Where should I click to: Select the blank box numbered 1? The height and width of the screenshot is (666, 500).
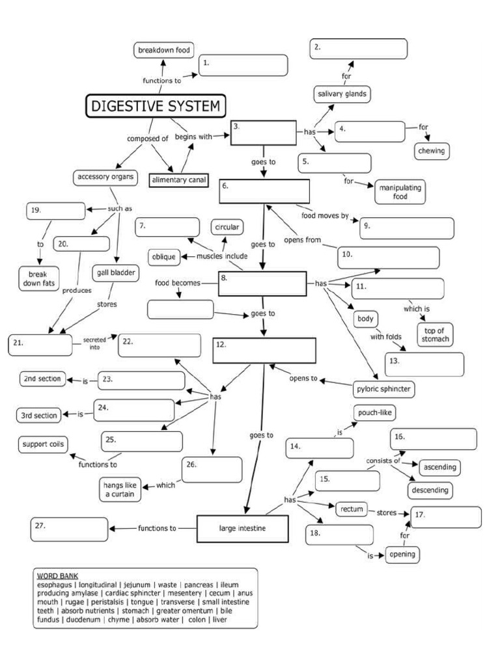243,65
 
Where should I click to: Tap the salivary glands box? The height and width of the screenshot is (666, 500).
342,94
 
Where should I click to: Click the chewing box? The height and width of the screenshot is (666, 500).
432,151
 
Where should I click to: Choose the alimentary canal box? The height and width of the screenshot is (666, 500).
178,180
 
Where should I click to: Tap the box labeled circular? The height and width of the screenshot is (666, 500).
227,227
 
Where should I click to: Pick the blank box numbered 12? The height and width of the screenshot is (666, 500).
264,350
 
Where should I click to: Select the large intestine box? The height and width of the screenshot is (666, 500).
242,528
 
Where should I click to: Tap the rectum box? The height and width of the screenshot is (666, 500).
350,509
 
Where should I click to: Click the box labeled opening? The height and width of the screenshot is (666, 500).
402,555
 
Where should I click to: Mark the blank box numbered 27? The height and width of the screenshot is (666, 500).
69,529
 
